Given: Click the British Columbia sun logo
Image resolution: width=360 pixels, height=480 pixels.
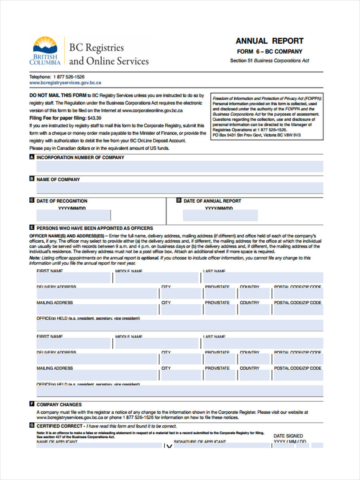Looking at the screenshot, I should [45, 45].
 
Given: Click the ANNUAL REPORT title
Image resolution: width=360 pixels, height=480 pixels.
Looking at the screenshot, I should [269, 41].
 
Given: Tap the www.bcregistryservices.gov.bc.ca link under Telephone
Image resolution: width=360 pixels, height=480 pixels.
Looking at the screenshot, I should [65, 83].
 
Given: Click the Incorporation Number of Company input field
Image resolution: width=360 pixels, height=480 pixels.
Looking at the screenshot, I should [180, 166].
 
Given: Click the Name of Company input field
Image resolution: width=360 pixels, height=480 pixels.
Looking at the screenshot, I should [180, 188].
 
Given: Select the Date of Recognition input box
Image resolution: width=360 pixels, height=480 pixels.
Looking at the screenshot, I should [74, 216].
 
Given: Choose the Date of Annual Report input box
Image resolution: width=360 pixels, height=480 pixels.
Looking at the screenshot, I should [220, 216].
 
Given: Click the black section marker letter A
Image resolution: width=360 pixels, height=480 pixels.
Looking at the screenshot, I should [32, 157].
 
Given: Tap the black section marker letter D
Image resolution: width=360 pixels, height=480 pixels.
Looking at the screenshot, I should [179, 200].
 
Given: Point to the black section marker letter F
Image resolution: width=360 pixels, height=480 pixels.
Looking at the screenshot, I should [32, 404].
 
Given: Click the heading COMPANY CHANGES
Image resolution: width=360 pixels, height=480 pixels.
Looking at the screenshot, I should [59, 404].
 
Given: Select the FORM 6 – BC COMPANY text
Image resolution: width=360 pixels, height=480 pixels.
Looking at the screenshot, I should [269, 52].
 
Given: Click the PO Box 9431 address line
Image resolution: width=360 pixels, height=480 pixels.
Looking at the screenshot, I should [256, 135].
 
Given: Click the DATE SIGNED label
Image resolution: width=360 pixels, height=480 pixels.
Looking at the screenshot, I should [288, 436].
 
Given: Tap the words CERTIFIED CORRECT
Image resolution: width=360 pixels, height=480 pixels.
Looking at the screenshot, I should [60, 426].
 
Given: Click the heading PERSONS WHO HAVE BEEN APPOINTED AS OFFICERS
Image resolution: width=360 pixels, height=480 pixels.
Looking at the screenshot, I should [95, 228].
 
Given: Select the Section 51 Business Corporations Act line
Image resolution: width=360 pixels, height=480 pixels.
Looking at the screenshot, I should [269, 61].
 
